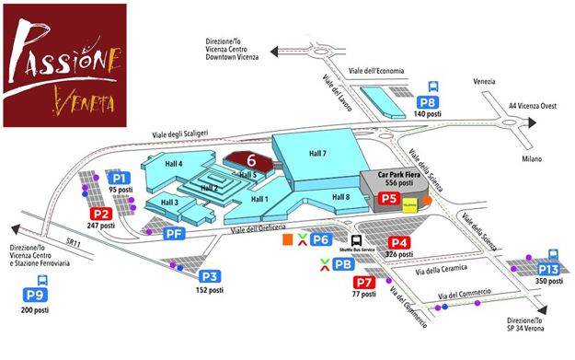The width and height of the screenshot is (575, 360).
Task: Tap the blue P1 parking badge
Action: click(119, 177)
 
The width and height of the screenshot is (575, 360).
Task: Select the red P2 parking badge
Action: click(100, 214)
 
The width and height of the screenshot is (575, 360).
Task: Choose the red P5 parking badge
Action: click(388, 198)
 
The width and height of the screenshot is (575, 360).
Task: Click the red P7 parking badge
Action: click(364, 283)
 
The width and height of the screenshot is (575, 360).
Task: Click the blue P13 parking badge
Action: click(548, 269)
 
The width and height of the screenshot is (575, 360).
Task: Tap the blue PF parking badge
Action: click(175, 234)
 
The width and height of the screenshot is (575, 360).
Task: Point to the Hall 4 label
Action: click(174, 163)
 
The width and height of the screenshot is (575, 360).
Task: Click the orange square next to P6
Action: click(288, 240)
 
